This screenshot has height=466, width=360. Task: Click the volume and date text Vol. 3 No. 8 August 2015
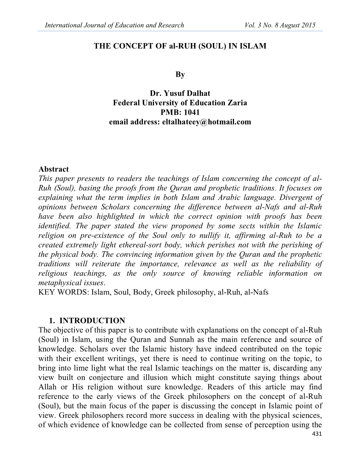(280, 25)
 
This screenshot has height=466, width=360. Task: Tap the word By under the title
(180, 74)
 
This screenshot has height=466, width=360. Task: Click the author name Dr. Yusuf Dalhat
(180, 94)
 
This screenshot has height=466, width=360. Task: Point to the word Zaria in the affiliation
(237, 103)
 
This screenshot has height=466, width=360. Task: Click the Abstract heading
(53, 169)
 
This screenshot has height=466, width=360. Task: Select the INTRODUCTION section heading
(92, 321)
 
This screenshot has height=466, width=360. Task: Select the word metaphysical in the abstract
(56, 283)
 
